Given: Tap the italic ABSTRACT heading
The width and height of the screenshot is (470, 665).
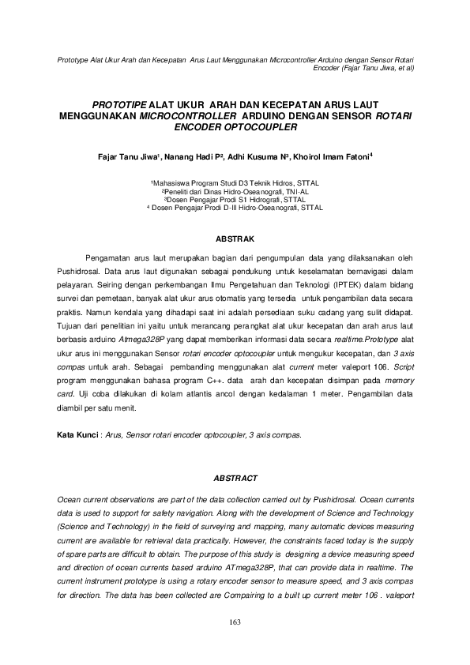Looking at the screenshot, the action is [x=235, y=479].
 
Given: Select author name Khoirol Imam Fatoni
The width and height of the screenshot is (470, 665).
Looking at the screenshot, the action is [x=336, y=156].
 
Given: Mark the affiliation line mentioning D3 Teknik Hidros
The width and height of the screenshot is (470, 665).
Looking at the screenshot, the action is [x=235, y=182].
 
